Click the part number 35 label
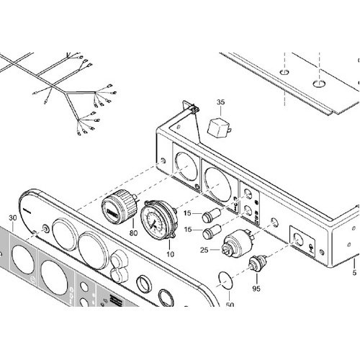click(x=220, y=102)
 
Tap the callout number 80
click(x=133, y=232)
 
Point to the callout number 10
click(x=170, y=254)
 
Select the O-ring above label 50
click(x=227, y=280)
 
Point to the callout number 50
click(x=230, y=305)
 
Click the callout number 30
click(x=12, y=218)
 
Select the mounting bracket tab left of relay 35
click(x=192, y=109)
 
